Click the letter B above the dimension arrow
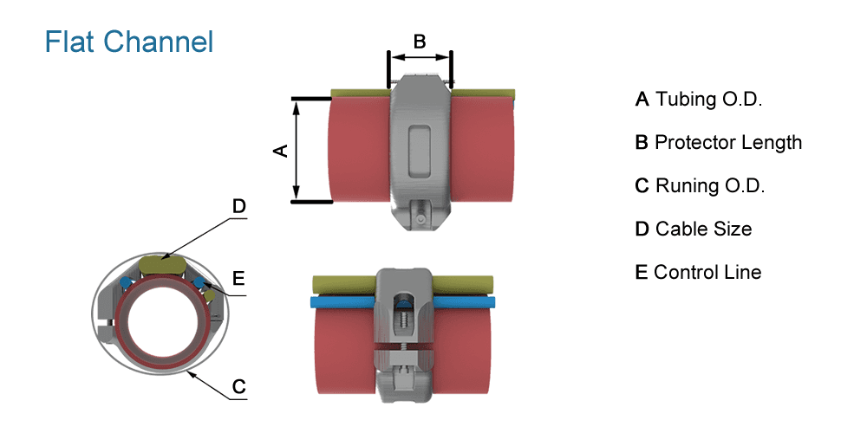tap(420, 41)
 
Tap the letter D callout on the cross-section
tap(239, 206)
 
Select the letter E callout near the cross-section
tap(239, 278)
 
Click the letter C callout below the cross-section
tap(239, 385)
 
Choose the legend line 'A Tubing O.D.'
tap(699, 99)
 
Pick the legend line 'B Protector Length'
tap(719, 142)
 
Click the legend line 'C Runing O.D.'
tap(701, 185)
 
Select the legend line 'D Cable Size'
tap(694, 229)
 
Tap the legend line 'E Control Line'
tap(698, 272)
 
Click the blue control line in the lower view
tap(342, 302)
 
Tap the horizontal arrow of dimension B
tap(420, 58)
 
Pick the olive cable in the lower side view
tap(342, 283)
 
